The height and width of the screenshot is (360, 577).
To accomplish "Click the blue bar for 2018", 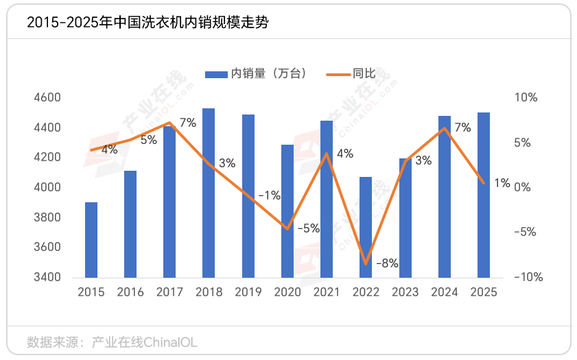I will [209, 193].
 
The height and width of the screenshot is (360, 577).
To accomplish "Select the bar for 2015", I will [91, 239].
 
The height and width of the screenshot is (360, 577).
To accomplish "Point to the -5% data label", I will [309, 228].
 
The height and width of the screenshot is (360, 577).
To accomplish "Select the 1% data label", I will [502, 183].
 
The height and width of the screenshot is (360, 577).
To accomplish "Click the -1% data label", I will [269, 195].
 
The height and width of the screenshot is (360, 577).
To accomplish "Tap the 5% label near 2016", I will [149, 140].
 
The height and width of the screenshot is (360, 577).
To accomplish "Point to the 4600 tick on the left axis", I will [47, 98].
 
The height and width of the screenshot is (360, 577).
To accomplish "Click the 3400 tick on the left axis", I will [47, 278].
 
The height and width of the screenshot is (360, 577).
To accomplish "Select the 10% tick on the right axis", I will [526, 98].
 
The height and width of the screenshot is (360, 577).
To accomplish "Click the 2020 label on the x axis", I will [287, 292].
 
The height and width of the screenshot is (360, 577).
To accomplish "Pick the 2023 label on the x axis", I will [405, 292].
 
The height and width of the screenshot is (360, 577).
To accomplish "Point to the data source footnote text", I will [112, 341].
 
